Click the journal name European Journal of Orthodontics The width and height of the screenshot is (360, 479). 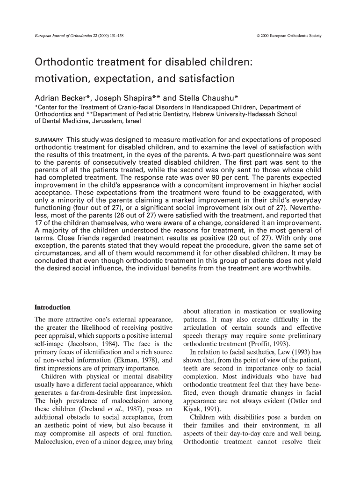(x=64, y=36)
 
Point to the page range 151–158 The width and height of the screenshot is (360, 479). (x=115, y=36)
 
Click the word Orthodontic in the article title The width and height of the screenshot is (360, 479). (x=66, y=62)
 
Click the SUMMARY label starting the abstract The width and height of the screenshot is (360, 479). (x=49, y=140)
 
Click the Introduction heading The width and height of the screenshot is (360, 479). (x=53, y=307)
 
